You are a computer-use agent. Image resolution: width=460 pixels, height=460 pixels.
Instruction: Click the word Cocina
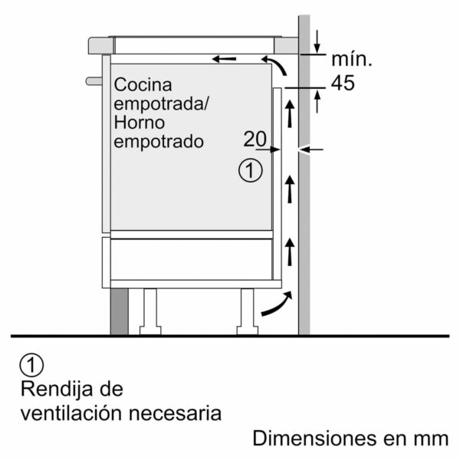click(x=143, y=85)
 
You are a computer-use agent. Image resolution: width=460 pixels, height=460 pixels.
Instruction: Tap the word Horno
click(x=139, y=123)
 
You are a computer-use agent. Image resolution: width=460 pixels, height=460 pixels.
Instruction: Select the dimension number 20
click(x=255, y=139)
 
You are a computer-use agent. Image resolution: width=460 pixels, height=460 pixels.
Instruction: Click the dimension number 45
click(x=343, y=83)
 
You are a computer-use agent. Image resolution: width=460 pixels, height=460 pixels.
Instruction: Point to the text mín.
click(x=352, y=59)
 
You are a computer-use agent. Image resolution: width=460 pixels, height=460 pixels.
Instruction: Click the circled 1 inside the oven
click(x=250, y=170)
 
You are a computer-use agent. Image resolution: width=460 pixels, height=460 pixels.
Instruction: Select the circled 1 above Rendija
click(x=31, y=365)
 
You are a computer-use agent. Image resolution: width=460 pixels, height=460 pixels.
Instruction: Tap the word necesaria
click(x=175, y=414)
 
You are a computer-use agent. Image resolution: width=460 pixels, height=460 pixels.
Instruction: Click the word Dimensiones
click(x=315, y=439)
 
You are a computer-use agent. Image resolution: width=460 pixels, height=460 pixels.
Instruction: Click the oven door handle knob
click(x=94, y=81)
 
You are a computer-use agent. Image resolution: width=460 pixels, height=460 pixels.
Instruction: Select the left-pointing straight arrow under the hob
click(x=224, y=59)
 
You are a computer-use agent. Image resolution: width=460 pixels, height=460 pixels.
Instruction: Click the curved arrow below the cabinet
click(x=277, y=304)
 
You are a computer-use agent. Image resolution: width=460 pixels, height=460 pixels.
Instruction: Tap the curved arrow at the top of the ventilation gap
click(x=274, y=65)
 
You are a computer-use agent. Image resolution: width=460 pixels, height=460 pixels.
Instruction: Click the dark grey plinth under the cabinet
click(x=120, y=311)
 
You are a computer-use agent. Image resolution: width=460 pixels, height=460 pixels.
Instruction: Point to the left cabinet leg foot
click(x=150, y=330)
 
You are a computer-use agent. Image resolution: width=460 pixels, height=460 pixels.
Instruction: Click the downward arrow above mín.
click(x=317, y=41)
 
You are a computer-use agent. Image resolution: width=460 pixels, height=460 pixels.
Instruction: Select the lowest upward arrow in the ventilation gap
click(x=290, y=251)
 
